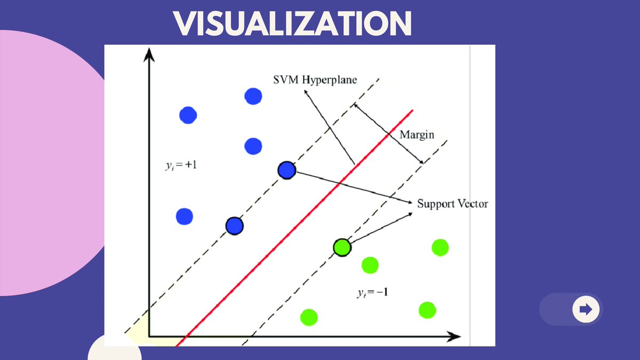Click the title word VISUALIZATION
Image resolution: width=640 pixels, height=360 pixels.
coord(293,25)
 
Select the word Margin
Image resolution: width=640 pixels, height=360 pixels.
coord(417,135)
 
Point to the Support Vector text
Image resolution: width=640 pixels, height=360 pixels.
coord(452,204)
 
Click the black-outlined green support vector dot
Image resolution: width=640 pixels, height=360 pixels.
coord(342,247)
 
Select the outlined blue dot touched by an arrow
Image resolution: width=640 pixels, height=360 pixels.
coord(287,170)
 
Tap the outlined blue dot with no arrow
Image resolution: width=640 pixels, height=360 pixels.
coord(234,226)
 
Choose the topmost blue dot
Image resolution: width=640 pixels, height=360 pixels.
coord(253,97)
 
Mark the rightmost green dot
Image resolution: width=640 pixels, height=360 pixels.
coord(440,247)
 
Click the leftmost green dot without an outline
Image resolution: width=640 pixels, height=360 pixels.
coord(309,317)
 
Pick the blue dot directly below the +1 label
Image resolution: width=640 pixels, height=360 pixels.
coord(185,216)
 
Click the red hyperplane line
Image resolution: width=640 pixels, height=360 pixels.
coord(299,224)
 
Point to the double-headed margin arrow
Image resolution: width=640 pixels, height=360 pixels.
coord(389,133)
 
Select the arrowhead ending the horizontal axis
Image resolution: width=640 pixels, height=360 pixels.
coord(454,337)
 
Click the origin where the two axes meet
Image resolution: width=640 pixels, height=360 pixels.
coord(149,337)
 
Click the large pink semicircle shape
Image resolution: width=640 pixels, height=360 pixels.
coord(48,160)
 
